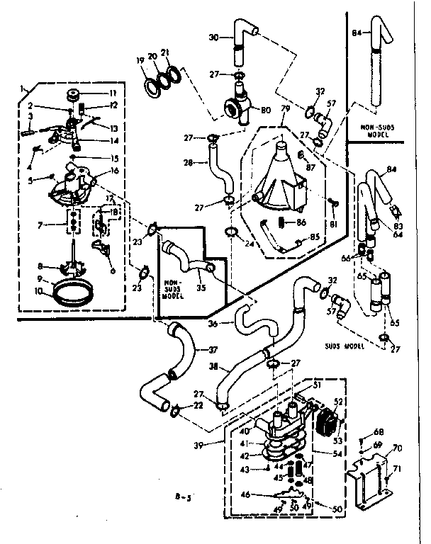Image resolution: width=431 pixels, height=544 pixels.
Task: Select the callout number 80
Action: click(x=267, y=110)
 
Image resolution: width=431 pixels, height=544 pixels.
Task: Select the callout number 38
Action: click(x=211, y=368)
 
